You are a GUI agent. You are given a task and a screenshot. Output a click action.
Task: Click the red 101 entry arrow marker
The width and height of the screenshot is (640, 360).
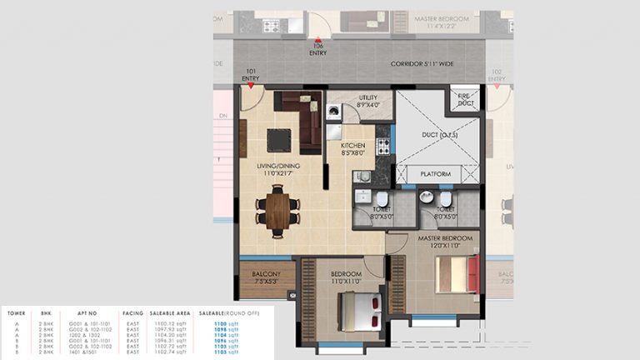tap(250, 85)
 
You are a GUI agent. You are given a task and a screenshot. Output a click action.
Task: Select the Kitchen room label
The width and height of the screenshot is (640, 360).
tap(353, 148)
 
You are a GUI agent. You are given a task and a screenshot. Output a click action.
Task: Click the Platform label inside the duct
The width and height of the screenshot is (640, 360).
tap(436, 174)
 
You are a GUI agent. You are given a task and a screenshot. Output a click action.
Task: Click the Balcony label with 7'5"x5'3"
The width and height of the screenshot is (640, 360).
tap(267, 277)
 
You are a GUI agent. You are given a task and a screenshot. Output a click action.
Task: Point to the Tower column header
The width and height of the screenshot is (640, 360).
tap(16, 313)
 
